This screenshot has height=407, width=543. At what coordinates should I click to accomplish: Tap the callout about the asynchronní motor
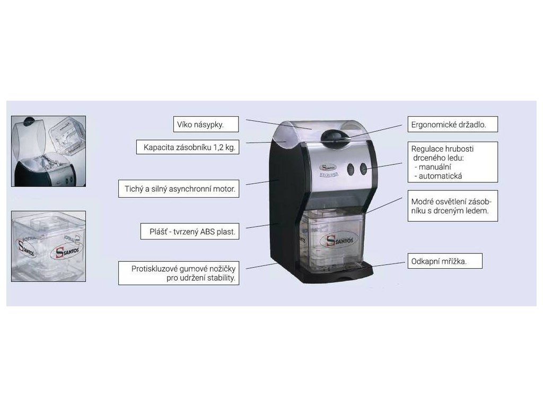(179, 188)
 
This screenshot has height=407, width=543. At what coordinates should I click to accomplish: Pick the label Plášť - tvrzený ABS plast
(188, 232)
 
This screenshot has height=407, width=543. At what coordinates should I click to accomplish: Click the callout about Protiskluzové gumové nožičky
(179, 273)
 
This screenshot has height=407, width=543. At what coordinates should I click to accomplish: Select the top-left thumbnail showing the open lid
(49, 151)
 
